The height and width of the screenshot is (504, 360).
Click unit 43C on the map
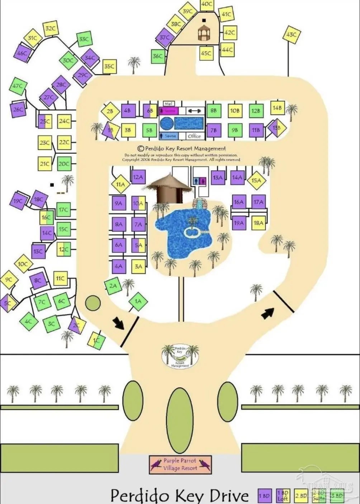[291, 35]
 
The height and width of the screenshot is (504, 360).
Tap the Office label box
[194, 136]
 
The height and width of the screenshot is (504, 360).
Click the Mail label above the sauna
[169, 104]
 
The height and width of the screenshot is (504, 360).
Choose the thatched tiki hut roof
[168, 182]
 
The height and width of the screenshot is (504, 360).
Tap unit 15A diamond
[256, 180]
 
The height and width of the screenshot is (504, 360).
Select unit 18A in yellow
[259, 223]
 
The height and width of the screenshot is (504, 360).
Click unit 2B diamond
[110, 111]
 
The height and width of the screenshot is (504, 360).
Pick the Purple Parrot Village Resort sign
[180, 464]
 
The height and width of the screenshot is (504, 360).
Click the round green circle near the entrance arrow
[93, 303]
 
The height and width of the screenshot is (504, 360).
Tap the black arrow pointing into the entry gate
[118, 323]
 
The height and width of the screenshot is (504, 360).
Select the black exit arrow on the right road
[267, 313]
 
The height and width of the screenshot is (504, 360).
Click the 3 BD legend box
[337, 496]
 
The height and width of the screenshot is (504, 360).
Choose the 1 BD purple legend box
[264, 496]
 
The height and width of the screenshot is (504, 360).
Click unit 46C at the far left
[22, 53]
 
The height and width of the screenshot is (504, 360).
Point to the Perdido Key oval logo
[180, 356]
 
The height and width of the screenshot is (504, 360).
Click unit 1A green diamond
[138, 301]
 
